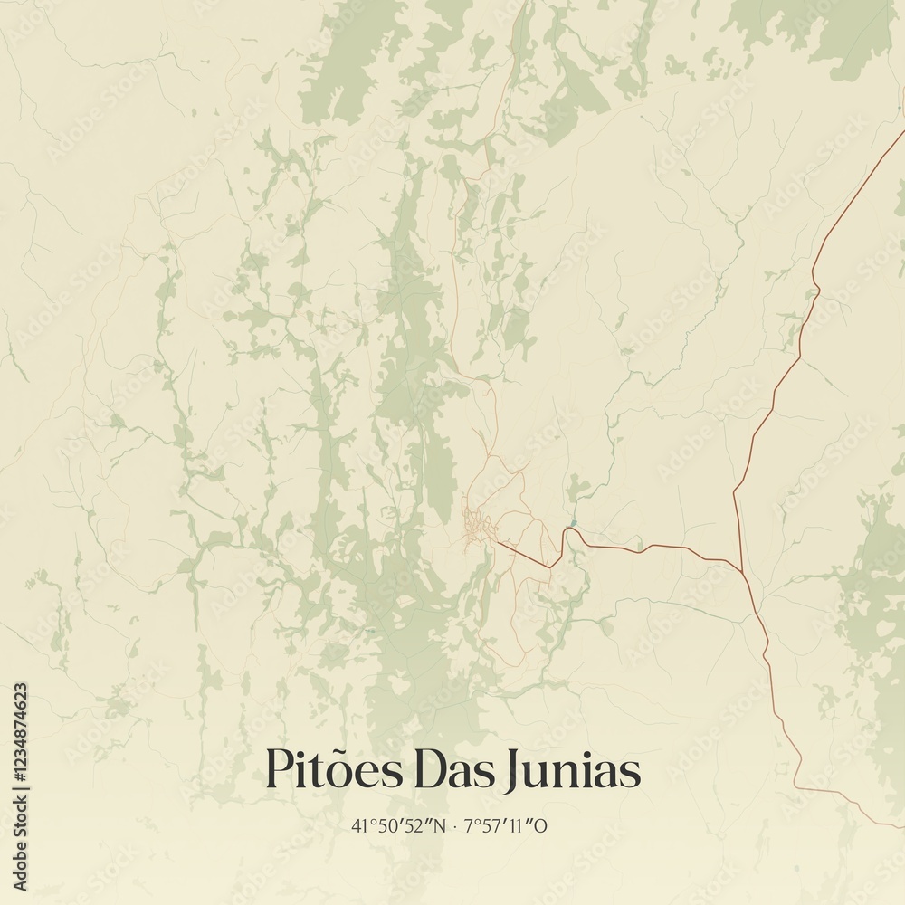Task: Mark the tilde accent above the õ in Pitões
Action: pyautogui.click(x=337, y=749)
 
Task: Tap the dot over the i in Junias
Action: pyautogui.click(x=579, y=753)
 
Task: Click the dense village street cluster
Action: pyautogui.click(x=478, y=529)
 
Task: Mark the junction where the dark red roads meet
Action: pyautogui.click(x=743, y=570)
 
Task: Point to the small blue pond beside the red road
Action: pyautogui.click(x=572, y=523)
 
